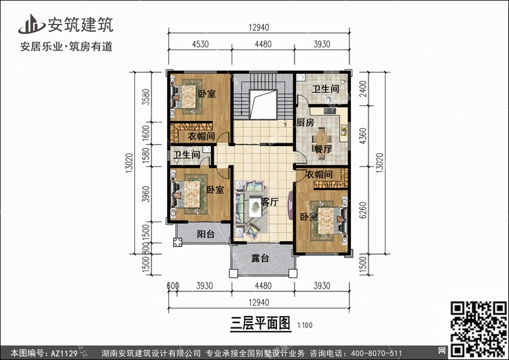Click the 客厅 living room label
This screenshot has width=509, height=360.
[269, 202]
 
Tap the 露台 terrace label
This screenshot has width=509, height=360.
[260, 258]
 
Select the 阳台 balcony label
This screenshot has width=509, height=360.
[206, 234]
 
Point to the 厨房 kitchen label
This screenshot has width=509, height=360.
[305, 123]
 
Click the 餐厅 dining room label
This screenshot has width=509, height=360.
[322, 149]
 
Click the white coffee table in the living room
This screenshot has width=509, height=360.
[255, 207]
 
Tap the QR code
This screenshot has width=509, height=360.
[478, 329]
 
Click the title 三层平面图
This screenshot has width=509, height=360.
[261, 323]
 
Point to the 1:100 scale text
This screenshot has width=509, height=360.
[305, 325]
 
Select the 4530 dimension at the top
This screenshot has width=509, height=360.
[200, 44]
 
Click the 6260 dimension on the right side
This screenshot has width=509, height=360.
[363, 210]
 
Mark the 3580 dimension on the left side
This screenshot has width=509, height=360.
[147, 97]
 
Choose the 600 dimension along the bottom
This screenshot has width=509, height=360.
[172, 286]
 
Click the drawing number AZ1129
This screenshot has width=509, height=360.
[64, 353]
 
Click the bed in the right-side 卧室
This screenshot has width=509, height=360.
[329, 220]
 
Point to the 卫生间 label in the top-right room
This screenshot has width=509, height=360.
[326, 89]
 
